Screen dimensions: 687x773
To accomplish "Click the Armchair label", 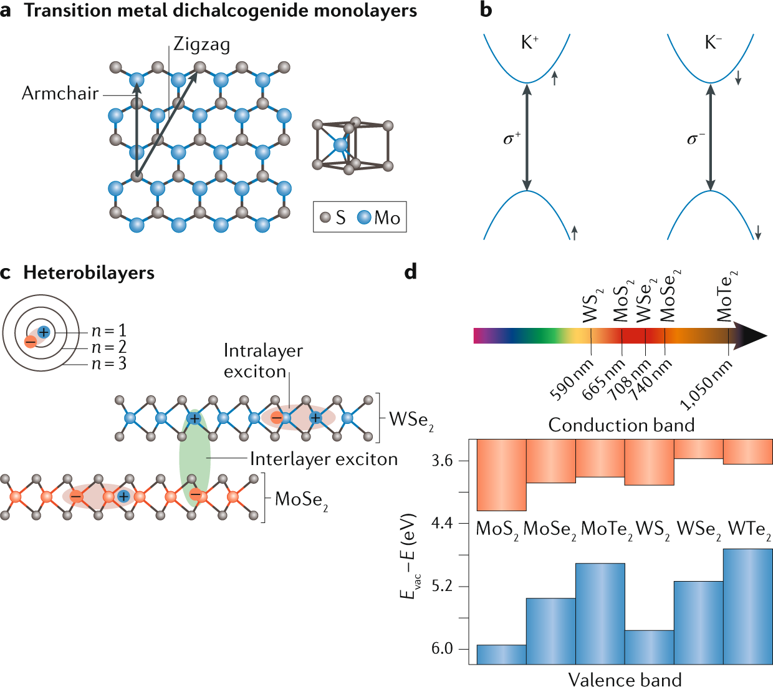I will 60,94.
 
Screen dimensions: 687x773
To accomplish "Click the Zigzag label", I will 201,44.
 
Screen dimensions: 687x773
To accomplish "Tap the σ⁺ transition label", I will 511,138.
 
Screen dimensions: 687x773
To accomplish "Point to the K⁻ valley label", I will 713,42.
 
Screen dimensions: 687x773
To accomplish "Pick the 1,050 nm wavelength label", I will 706,387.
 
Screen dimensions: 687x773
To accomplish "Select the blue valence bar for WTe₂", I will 747,606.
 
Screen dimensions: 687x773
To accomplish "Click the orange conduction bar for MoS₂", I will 501,475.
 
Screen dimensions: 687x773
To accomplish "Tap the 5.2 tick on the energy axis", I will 441,587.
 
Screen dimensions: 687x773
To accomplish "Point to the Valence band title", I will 625,679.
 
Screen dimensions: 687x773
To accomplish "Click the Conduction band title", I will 621,425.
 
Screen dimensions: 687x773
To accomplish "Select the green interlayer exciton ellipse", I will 194,458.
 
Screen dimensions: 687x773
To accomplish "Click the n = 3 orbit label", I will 109,363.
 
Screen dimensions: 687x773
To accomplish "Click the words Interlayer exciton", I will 324,459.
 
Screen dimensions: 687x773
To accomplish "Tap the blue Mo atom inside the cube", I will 340,145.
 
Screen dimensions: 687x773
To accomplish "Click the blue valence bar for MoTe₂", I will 600,613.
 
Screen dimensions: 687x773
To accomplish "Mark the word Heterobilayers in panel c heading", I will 89,273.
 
